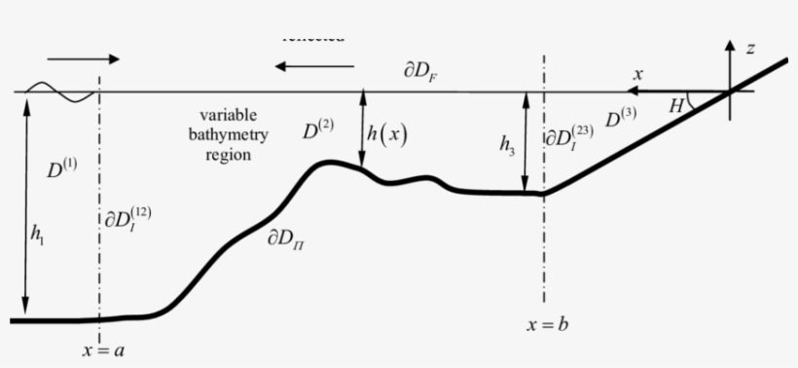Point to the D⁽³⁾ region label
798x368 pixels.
[621, 119]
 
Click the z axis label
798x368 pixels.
[750, 48]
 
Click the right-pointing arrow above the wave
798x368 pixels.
[83, 59]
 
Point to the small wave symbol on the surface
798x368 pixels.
[60, 92]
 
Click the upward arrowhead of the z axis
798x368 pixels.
[730, 45]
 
